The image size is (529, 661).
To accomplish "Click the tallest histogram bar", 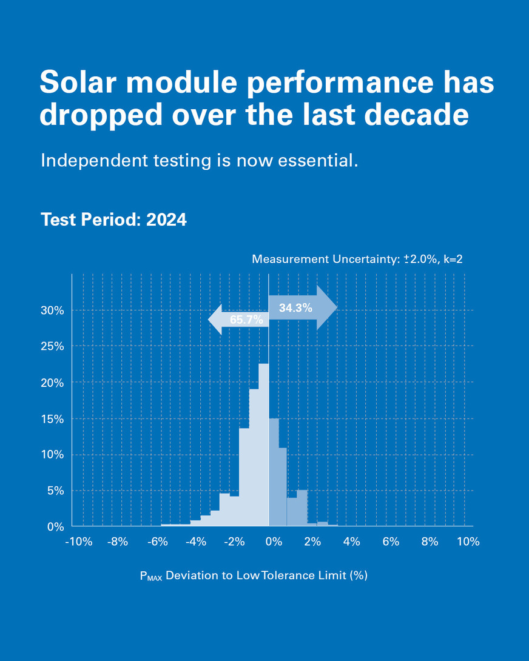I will (x=263, y=446).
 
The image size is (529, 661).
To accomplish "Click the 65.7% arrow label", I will (x=246, y=320).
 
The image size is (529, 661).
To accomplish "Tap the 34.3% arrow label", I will (x=295, y=308).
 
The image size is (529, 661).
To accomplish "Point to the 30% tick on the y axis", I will (x=52, y=310).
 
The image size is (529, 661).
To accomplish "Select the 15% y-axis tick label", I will (x=52, y=419).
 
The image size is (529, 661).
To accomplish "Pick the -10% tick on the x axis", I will (x=79, y=542).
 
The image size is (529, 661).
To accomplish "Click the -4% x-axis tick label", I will (x=195, y=542).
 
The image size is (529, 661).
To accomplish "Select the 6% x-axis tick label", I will (x=391, y=542).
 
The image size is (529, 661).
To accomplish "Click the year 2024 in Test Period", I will (x=166, y=220).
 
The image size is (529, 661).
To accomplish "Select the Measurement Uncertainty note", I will (x=357, y=260).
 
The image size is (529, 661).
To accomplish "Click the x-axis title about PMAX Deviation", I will (x=254, y=575).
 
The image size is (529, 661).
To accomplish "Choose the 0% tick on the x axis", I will (x=274, y=542).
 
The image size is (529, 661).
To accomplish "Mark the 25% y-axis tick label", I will (x=52, y=347).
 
